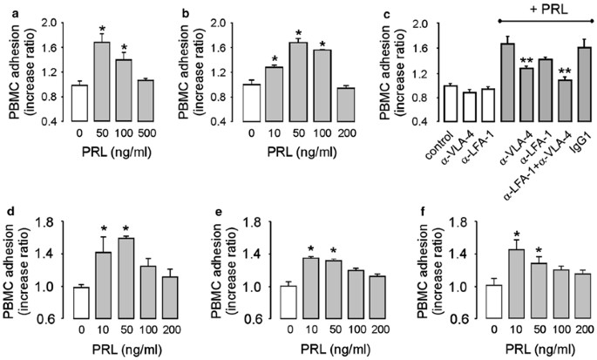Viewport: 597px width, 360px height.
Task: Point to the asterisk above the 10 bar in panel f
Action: (x=492, y=234)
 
